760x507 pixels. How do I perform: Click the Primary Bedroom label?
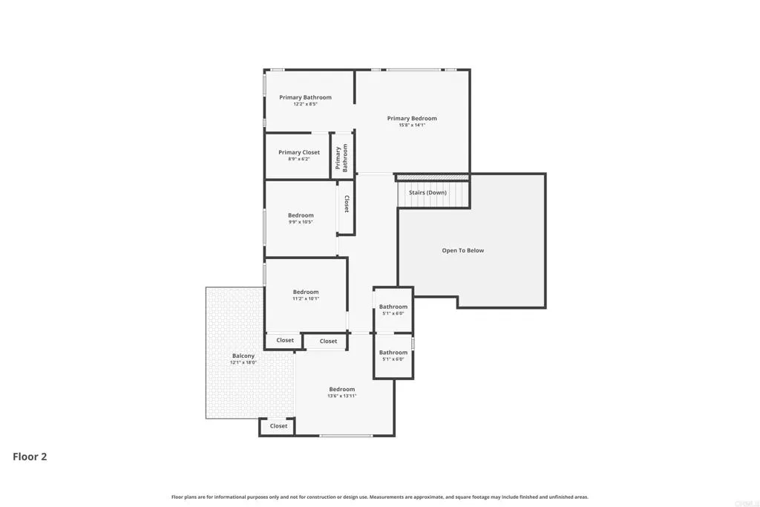(x=412, y=118)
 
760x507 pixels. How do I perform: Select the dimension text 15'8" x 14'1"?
(x=412, y=125)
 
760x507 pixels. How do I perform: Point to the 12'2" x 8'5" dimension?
(x=305, y=105)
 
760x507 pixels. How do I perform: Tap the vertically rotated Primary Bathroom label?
(x=341, y=158)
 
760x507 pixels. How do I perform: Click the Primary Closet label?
(x=299, y=152)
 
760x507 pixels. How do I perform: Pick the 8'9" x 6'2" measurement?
(x=299, y=159)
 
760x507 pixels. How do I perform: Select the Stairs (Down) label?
(x=427, y=192)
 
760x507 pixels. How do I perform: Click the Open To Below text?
(x=462, y=250)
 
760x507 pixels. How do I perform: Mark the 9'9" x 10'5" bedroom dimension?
(x=301, y=222)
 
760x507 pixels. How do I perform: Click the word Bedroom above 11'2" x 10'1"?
(x=305, y=292)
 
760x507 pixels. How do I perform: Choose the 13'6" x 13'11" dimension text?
(x=342, y=396)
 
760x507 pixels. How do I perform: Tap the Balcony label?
(x=243, y=356)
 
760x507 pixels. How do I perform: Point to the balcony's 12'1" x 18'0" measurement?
(x=243, y=362)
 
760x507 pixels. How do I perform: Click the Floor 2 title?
(x=30, y=457)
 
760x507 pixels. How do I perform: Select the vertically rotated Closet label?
(x=347, y=204)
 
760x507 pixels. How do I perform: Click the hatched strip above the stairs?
(x=433, y=177)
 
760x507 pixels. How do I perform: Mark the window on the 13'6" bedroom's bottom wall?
(x=345, y=436)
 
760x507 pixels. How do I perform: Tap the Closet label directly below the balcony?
(x=278, y=426)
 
